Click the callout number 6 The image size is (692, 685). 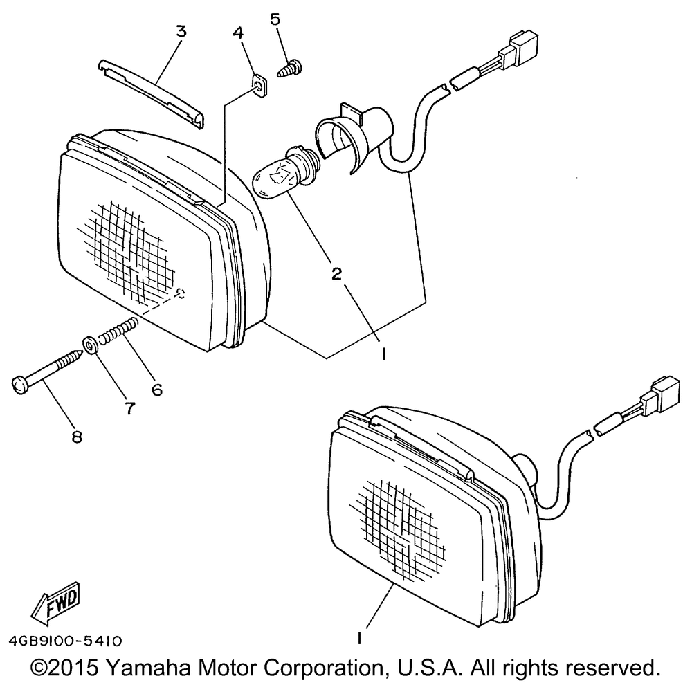157,389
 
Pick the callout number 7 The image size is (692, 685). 129,408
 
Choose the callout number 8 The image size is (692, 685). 76,436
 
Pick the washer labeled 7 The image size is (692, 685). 90,344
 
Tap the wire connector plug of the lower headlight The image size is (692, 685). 657,398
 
